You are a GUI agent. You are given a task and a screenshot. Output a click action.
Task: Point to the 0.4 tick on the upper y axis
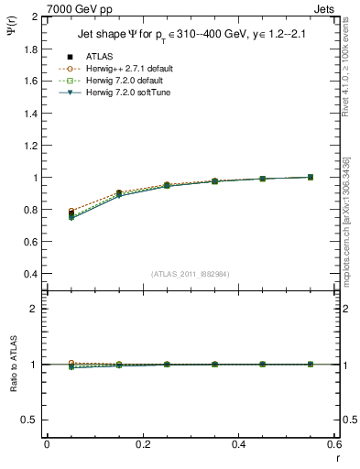[x=29, y=274]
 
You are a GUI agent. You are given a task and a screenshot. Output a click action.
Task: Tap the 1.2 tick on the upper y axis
[x=29, y=146]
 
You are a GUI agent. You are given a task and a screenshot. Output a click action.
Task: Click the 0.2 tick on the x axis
[x=142, y=445]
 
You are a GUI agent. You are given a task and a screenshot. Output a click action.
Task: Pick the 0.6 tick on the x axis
[x=334, y=445]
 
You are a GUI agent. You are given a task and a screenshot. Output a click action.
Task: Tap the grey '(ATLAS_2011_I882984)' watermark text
[x=191, y=274]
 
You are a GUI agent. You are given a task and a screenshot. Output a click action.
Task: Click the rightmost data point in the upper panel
[x=311, y=177]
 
